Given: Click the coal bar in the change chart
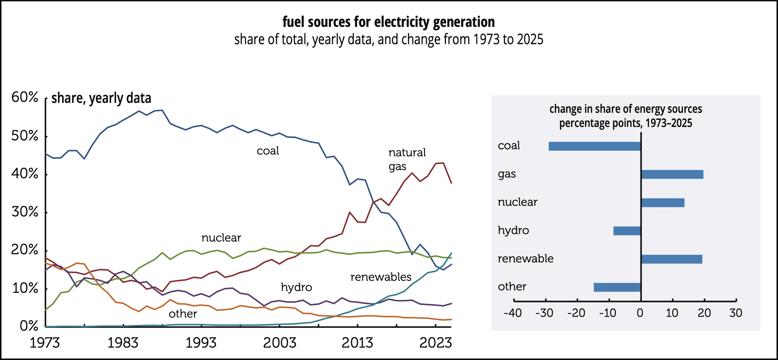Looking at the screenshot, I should point(594,146).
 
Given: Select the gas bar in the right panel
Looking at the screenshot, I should point(672,174).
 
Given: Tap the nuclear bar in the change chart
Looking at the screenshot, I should point(663,203).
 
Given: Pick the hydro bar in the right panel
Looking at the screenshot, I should point(627,231).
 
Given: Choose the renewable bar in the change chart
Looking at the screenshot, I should point(672,259).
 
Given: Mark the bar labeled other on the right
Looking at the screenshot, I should point(617,287).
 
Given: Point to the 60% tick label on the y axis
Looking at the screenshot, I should point(25,97).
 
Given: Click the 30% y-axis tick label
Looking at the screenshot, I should point(25,212).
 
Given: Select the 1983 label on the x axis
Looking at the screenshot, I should point(123,343).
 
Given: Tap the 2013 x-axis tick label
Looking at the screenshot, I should point(357,343).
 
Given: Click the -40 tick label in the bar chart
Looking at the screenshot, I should point(513,313).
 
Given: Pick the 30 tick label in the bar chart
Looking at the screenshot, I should point(736,313).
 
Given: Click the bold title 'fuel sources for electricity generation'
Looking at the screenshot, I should point(388,22).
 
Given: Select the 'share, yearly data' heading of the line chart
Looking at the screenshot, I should point(101,98).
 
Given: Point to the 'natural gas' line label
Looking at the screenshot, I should point(407,159).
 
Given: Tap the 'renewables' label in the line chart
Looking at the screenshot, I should point(381,277).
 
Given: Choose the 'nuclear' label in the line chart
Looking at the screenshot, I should point(221,238).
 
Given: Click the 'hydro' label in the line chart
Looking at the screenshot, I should point(296,287).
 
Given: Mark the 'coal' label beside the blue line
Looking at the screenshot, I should point(268,151).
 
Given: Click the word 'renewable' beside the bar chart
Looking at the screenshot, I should point(526,259).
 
